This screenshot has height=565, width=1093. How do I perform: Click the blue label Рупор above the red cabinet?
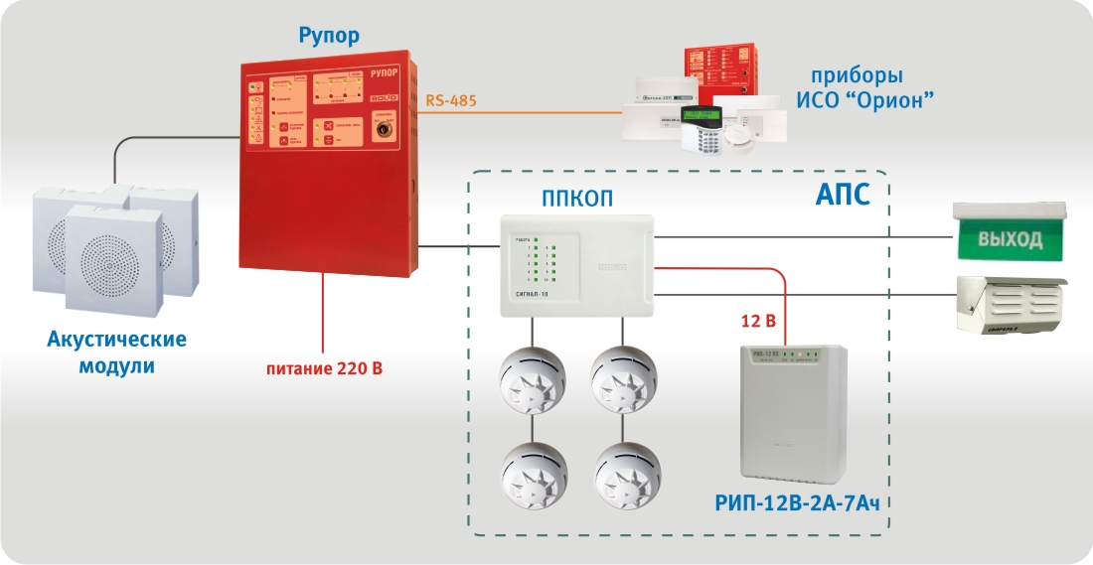point(329,37)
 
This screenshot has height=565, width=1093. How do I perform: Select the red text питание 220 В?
point(324,369)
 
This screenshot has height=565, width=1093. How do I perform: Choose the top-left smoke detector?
point(531,378)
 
